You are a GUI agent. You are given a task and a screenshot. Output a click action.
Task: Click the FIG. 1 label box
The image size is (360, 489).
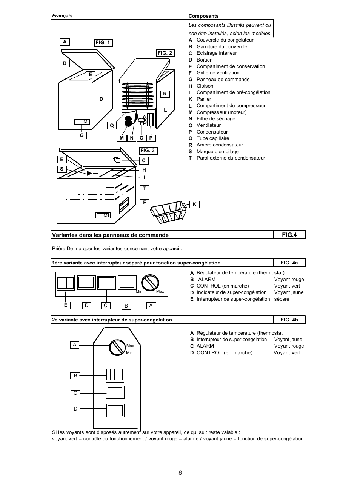coord(103,43)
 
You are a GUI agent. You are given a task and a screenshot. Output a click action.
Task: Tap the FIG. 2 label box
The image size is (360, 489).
coord(165,53)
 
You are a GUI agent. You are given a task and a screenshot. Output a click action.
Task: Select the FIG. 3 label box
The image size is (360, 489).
coord(148,151)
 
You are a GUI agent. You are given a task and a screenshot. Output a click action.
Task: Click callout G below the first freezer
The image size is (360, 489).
coord(82,135)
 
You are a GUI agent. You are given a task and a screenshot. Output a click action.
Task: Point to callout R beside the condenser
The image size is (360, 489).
coord(165,94)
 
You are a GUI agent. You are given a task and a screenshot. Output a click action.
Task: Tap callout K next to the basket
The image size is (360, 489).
coord(195,205)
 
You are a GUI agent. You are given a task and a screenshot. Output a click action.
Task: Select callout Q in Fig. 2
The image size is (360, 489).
coord(112,125)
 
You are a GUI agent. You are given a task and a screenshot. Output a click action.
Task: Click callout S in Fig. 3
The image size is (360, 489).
coord(62,169)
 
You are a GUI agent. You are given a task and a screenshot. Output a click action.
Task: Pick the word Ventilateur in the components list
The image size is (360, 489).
coord(209,125)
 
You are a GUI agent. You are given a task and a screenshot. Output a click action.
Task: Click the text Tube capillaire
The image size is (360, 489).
coord(213,138)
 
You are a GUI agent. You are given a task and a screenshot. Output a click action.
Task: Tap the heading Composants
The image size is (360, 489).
coord(203,16)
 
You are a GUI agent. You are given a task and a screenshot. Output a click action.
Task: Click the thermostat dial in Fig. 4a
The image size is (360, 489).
coord(150,283)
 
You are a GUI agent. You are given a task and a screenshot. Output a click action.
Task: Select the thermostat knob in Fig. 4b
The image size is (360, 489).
coord(117,347)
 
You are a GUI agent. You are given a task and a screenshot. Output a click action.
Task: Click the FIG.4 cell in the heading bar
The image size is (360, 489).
coord(289,235)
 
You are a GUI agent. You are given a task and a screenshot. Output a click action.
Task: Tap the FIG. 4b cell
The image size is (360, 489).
coord(289,320)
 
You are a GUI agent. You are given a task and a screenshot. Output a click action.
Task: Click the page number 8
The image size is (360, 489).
coord(180,473)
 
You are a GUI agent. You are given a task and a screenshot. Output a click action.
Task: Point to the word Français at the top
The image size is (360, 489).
coord(62,16)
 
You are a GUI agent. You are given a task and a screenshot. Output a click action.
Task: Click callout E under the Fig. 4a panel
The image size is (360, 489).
coord(66,305)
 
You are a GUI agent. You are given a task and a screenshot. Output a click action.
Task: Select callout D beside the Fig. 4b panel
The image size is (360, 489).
coord(75,409)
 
